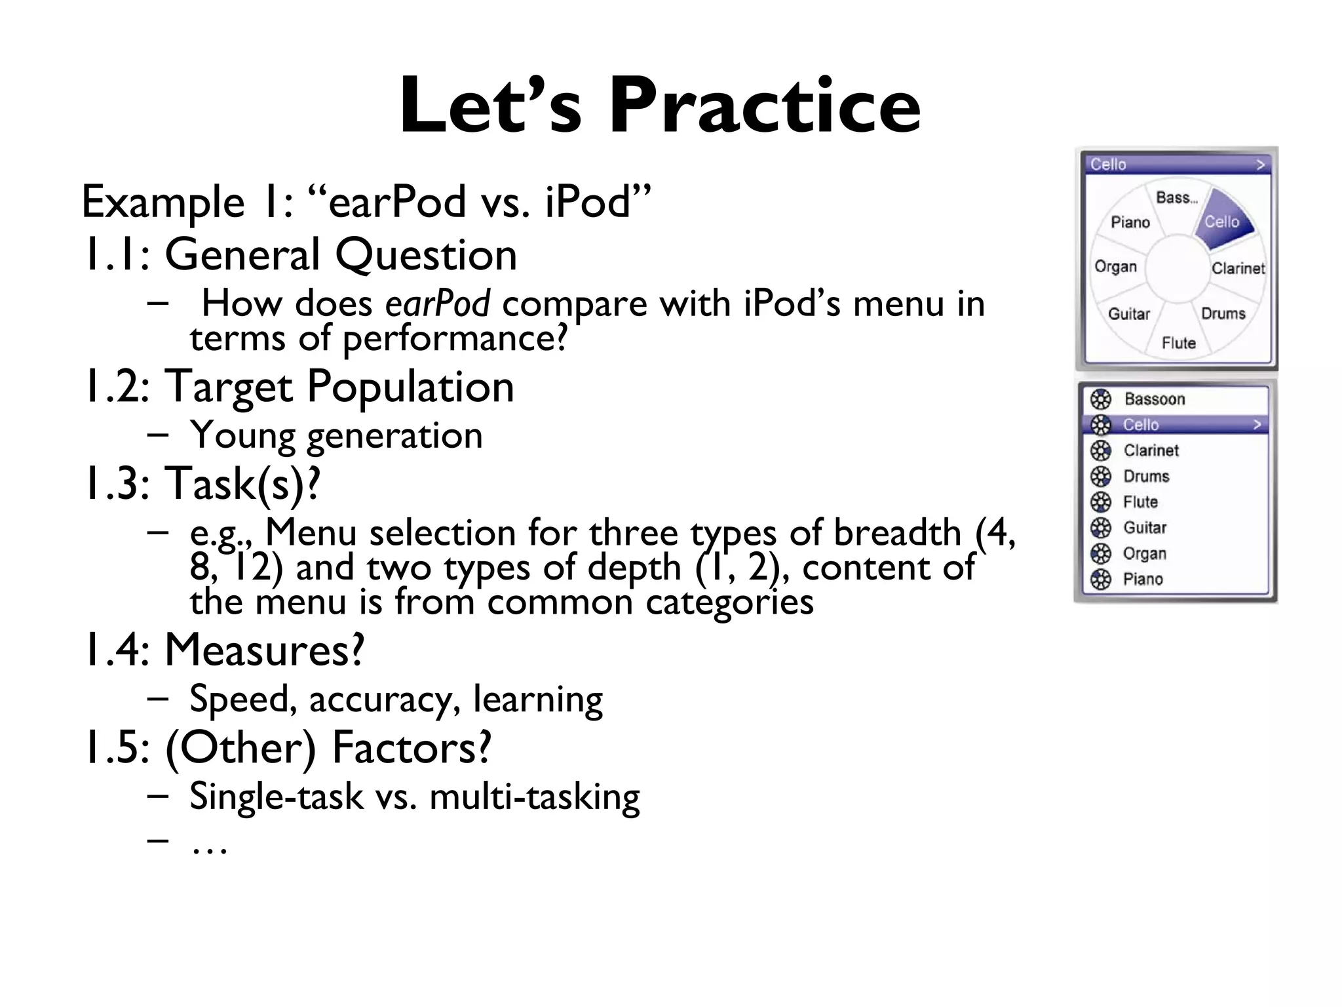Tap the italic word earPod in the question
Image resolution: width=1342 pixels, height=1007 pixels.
click(x=437, y=304)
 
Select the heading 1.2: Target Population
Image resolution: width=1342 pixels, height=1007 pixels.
click(x=299, y=386)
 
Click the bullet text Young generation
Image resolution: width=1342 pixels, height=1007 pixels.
click(x=335, y=435)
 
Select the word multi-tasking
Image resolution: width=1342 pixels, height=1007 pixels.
click(x=534, y=797)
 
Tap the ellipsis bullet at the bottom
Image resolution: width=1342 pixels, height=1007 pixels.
click(x=208, y=848)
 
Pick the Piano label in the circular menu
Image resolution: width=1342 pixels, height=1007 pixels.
click(x=1130, y=223)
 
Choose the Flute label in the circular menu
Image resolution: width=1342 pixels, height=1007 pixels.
click(x=1178, y=343)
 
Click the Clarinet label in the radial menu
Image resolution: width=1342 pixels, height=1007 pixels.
click(x=1237, y=268)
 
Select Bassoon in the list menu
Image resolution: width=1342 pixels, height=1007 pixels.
click(x=1155, y=399)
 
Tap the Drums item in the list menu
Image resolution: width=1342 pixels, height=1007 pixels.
click(x=1146, y=477)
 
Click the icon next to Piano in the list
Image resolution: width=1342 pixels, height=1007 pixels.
click(x=1101, y=580)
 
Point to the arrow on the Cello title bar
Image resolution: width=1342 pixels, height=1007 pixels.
click(x=1259, y=165)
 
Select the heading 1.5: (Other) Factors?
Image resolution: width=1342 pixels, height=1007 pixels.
click(x=288, y=747)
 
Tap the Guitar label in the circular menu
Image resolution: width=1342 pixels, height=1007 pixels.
click(x=1128, y=314)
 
